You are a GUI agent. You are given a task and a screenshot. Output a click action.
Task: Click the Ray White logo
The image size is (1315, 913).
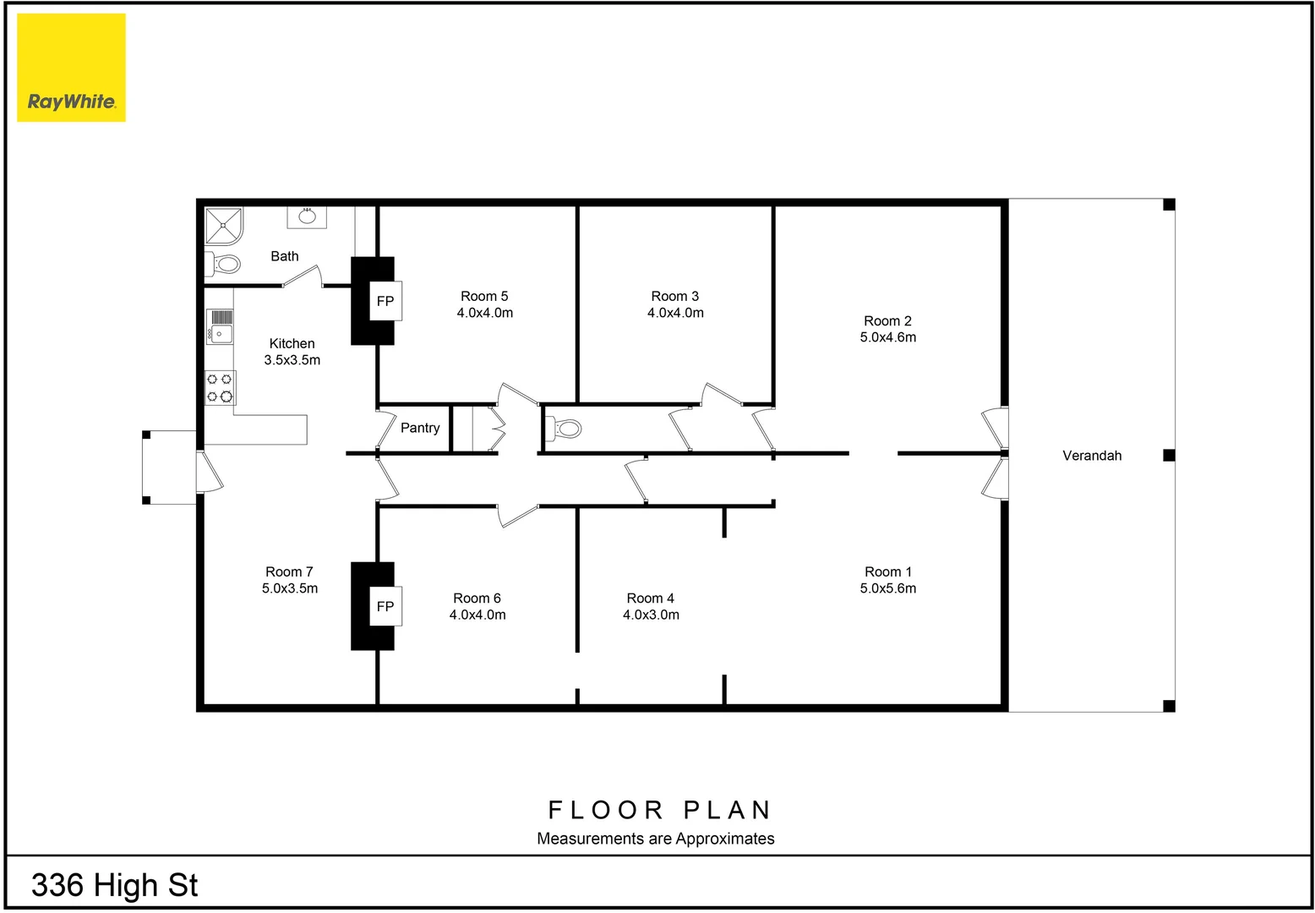click(x=71, y=68)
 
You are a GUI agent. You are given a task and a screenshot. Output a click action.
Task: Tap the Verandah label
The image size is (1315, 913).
click(x=1092, y=456)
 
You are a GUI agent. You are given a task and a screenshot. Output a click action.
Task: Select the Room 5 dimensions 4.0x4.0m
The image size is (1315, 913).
click(x=485, y=313)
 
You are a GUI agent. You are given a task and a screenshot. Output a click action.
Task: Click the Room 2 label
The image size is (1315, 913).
click(x=887, y=320)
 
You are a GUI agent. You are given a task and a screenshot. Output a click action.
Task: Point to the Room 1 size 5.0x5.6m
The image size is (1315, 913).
click(x=887, y=588)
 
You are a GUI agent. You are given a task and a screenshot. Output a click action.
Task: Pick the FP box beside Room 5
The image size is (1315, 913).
click(x=385, y=301)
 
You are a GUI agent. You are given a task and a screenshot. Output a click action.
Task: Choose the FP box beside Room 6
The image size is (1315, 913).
click(x=385, y=606)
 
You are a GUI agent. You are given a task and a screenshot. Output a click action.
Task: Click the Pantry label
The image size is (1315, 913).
click(x=420, y=428)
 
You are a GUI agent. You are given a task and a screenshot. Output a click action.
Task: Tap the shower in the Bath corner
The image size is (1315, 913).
click(x=224, y=225)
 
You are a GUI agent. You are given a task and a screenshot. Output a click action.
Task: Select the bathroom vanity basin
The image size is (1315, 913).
click(x=307, y=216)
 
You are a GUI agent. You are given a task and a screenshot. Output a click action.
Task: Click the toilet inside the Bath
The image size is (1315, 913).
click(x=224, y=264)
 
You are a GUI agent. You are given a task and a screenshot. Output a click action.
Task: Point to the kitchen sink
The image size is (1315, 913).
click(x=220, y=327)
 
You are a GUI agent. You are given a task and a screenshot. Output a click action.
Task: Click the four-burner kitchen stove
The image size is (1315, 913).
click(x=220, y=388)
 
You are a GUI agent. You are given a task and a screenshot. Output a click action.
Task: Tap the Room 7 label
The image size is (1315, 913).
click(x=289, y=571)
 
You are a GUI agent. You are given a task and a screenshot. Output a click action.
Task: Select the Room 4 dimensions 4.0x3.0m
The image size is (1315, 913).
click(x=651, y=615)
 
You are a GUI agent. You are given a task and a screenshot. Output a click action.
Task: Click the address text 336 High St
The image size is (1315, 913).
click(x=114, y=885)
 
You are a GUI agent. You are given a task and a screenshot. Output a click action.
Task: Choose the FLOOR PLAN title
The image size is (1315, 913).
click(x=659, y=810)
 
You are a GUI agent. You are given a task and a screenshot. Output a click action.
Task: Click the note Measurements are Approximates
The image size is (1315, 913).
click(x=656, y=839)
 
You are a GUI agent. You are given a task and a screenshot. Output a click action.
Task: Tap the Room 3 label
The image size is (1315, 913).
click(x=674, y=296)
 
